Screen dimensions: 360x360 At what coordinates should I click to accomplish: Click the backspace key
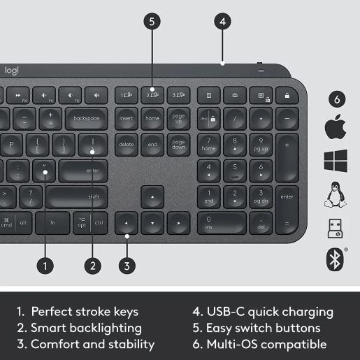pyautogui.click(x=87, y=118)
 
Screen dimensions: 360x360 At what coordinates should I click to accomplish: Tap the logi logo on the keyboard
pyautogui.click(x=12, y=71)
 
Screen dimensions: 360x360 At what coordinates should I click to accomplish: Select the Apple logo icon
pyautogui.click(x=336, y=127)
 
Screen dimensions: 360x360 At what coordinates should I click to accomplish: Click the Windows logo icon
pyautogui.click(x=336, y=161)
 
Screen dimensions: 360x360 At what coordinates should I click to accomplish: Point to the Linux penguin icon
pyautogui.click(x=336, y=194)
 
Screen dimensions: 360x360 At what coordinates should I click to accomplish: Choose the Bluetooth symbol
pyautogui.click(x=335, y=259)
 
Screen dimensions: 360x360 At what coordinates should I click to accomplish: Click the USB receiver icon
pyautogui.click(x=335, y=229)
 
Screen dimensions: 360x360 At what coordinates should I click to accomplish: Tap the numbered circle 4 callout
pyautogui.click(x=222, y=22)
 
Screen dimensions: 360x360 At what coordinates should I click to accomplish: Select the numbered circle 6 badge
pyautogui.click(x=337, y=99)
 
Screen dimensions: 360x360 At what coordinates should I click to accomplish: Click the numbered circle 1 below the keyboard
pyautogui.click(x=45, y=266)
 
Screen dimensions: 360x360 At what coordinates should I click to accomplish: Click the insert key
pyautogui.click(x=127, y=118)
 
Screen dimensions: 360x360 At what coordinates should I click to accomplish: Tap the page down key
pyautogui.click(x=178, y=145)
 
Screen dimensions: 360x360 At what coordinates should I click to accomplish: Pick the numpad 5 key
pyautogui.click(x=235, y=171)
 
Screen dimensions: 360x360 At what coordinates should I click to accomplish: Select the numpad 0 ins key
pyautogui.click(x=222, y=223)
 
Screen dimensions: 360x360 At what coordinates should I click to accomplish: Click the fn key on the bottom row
pyautogui.click(x=52, y=223)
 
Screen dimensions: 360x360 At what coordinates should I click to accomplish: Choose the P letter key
pyautogui.click(x=11, y=145)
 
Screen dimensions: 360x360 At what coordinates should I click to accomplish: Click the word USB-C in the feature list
pyautogui.click(x=226, y=312)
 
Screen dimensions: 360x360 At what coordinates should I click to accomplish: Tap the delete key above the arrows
pyautogui.click(x=127, y=145)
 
